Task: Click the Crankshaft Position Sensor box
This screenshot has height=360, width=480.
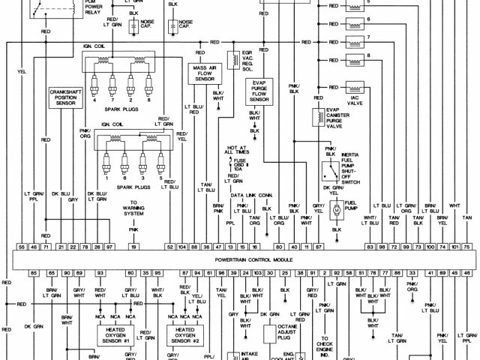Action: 66,99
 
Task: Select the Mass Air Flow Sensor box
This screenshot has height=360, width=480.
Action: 201,73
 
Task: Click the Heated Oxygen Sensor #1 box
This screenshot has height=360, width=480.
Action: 117,334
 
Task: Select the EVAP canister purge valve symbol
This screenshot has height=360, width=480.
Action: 317,116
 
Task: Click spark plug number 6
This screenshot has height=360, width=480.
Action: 123,162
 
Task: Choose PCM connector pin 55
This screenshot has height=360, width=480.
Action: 22,247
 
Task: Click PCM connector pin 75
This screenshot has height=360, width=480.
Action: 466,247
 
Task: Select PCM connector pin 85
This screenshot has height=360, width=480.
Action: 34,272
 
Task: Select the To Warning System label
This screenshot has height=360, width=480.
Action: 133,208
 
